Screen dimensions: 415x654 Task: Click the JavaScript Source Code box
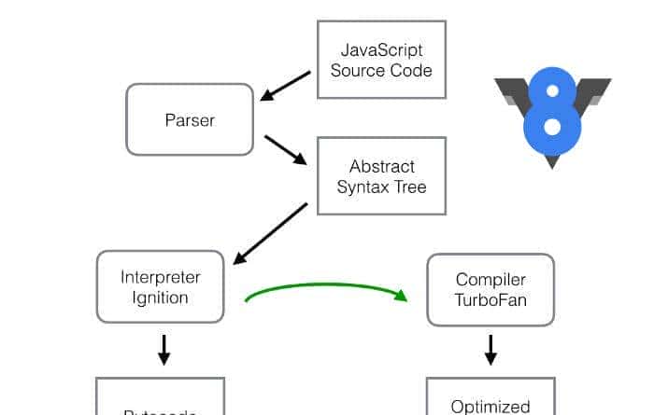380,59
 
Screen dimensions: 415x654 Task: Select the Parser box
190,119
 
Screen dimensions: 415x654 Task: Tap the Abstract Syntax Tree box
381,176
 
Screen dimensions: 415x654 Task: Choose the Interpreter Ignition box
161,286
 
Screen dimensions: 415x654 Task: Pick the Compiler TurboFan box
490,290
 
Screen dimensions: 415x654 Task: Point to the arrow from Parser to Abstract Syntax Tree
285,149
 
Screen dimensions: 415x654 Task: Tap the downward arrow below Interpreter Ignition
164,350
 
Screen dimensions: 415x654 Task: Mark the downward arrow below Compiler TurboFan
490,350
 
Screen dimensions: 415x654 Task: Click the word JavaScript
380,48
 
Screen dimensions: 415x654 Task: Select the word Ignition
161,297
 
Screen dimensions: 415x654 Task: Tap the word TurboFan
490,300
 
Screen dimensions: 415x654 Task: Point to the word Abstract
381,166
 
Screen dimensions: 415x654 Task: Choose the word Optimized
490,406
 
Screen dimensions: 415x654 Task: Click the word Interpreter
161,276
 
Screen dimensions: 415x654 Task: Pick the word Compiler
490,280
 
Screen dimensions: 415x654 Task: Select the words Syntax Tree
381,187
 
